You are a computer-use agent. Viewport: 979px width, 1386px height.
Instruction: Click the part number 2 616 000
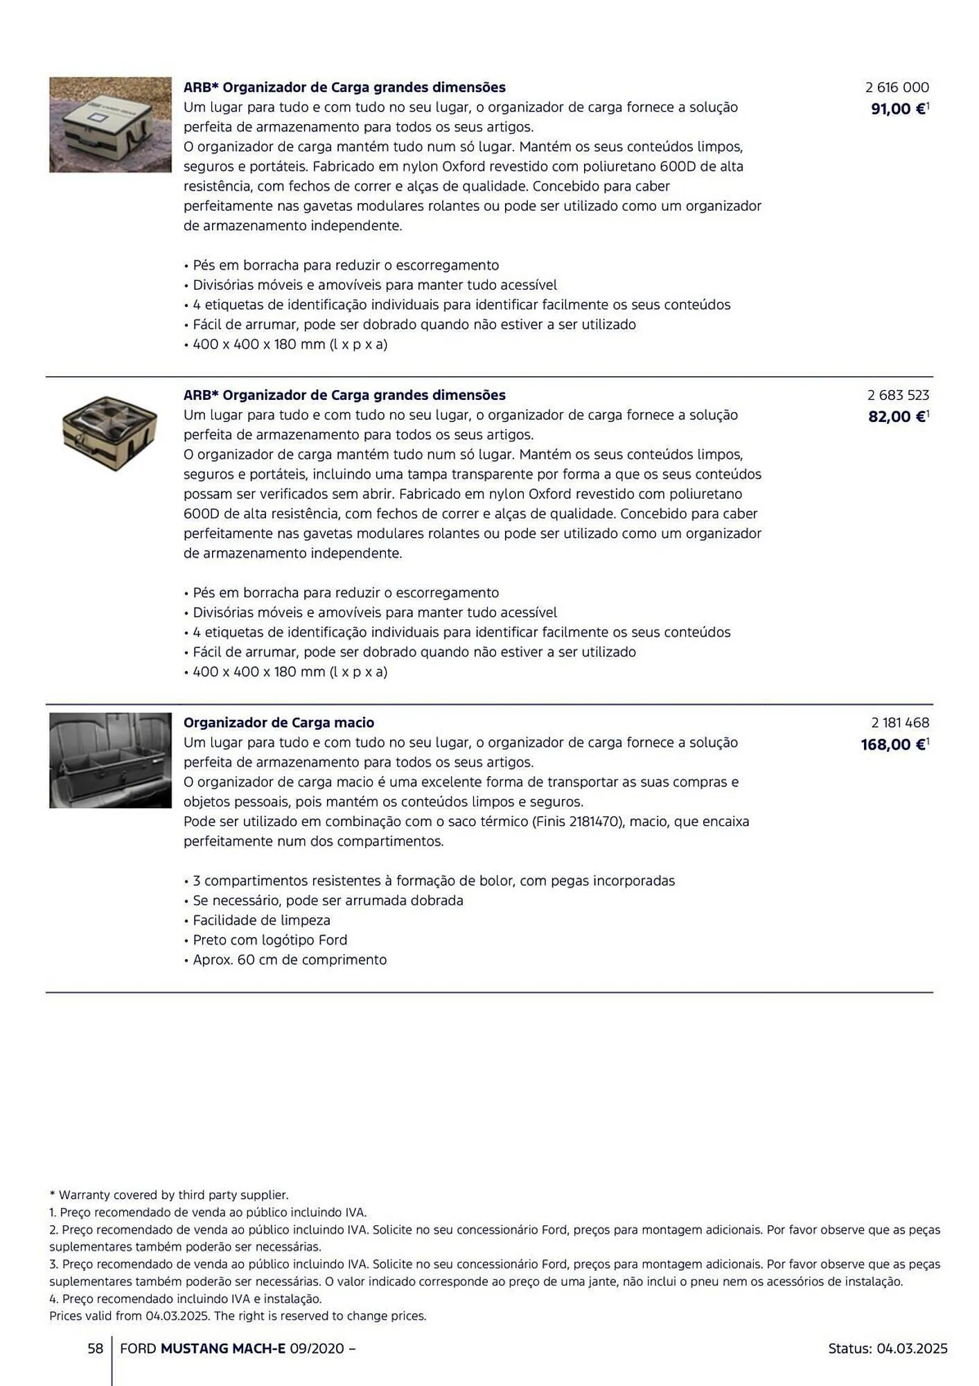897,87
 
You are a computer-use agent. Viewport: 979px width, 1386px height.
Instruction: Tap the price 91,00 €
898,109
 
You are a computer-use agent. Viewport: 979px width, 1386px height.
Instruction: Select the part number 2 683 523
898,395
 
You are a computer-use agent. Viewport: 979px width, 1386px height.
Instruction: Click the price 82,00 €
897,416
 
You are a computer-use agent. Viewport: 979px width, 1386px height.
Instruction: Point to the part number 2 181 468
900,723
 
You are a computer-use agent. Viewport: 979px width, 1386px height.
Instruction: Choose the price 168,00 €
893,744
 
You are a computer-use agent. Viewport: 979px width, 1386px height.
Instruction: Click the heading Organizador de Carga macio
279,723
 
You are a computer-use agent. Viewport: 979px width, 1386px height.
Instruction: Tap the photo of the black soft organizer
110,760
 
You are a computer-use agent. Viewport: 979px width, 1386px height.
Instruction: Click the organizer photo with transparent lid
109,432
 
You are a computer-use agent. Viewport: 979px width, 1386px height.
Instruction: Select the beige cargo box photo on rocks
110,125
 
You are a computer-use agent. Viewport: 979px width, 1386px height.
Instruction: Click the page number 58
95,1349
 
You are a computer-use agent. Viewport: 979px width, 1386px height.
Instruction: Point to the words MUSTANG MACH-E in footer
223,1349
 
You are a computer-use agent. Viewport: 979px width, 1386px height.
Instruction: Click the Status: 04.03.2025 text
888,1349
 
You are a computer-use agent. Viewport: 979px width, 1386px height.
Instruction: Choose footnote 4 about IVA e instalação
186,1299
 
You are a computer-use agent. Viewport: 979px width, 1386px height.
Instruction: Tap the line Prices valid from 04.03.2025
238,1315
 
